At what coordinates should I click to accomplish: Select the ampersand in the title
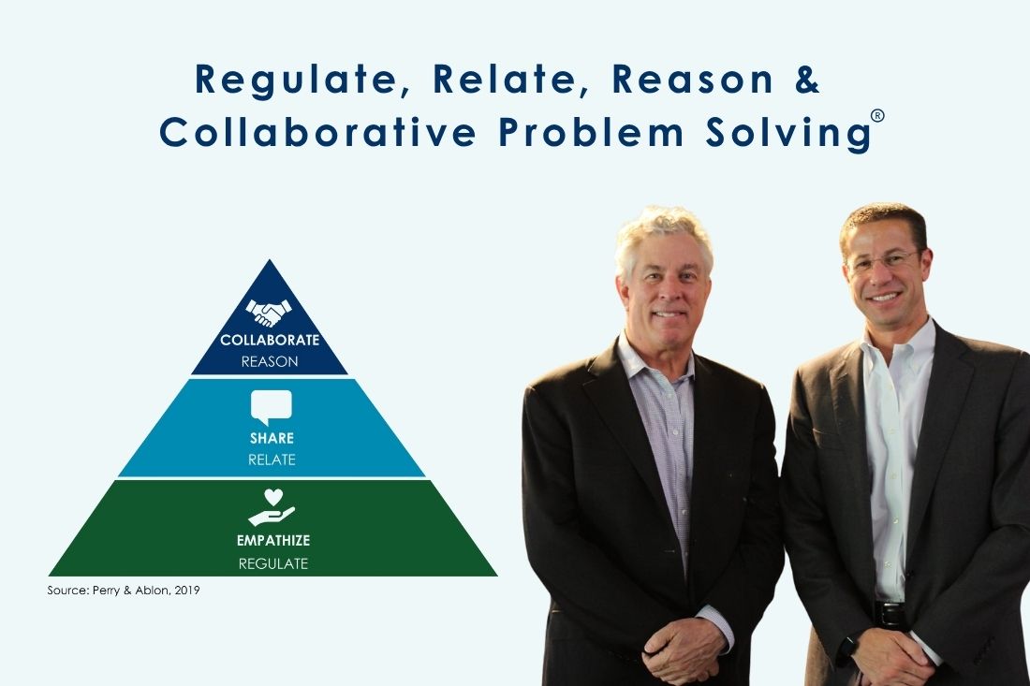[x=807, y=79]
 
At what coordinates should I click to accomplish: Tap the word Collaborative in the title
[x=317, y=131]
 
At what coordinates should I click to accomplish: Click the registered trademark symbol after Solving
[x=877, y=116]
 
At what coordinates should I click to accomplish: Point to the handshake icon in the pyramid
[x=269, y=313]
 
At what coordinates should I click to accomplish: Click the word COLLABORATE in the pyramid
[x=270, y=340]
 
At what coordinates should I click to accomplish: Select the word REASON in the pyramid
[x=270, y=361]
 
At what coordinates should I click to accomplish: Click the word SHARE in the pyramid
[x=272, y=438]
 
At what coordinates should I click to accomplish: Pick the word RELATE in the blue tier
[x=272, y=460]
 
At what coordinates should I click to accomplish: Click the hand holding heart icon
[x=272, y=507]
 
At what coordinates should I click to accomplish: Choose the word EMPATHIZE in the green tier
[x=273, y=541]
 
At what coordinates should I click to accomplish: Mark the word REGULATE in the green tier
[x=273, y=563]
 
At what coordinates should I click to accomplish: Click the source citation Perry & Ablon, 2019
[x=124, y=591]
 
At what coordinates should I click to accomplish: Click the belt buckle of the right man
[x=891, y=615]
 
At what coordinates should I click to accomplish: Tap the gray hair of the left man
[x=664, y=233]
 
